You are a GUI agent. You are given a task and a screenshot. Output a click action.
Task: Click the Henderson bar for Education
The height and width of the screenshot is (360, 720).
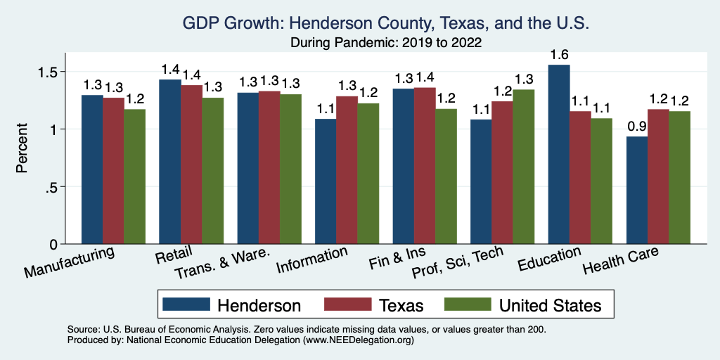(559, 155)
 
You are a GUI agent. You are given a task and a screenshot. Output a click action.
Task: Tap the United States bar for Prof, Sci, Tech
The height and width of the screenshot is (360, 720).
(524, 167)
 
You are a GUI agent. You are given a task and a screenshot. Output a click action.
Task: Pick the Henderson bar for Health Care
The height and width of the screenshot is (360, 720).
(637, 190)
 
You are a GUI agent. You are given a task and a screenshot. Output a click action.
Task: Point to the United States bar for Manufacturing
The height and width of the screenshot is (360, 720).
(135, 176)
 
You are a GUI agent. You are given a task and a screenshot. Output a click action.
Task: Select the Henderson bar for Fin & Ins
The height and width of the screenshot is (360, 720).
(404, 166)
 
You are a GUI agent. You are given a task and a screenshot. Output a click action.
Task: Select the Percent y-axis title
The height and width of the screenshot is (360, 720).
(22, 149)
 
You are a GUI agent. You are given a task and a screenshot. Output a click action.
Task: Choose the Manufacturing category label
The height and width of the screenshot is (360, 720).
(70, 262)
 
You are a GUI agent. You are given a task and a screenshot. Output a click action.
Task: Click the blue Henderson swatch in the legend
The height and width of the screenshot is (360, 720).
(186, 304)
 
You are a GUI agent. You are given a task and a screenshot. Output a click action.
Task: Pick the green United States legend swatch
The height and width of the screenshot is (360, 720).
(468, 304)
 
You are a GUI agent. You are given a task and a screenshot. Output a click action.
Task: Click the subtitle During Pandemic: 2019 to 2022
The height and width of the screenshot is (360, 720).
(386, 43)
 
